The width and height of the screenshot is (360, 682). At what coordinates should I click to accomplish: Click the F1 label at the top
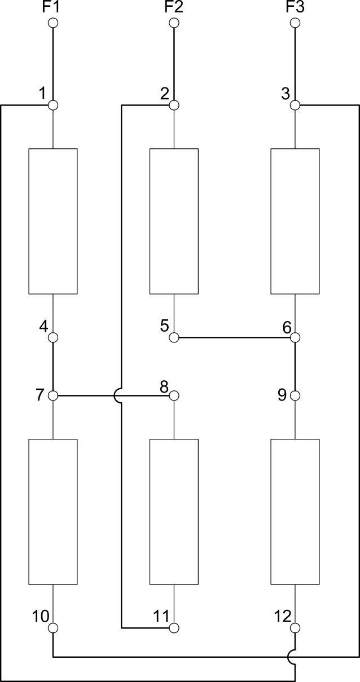[x=51, y=7]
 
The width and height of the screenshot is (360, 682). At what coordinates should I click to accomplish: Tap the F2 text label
[x=174, y=7]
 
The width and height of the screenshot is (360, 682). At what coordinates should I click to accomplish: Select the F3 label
[x=295, y=7]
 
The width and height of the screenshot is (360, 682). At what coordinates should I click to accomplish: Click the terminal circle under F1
[x=53, y=23]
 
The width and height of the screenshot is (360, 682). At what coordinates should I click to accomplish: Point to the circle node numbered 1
[x=53, y=105]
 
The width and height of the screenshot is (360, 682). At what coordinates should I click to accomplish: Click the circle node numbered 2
[x=174, y=105]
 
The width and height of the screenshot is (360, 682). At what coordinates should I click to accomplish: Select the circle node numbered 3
[x=295, y=105]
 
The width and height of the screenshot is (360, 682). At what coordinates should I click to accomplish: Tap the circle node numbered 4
[x=53, y=337]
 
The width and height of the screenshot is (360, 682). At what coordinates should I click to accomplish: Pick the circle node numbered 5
[x=174, y=337]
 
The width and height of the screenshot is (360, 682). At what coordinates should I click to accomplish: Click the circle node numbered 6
[x=295, y=337]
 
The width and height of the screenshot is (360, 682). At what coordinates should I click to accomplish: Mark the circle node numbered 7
[x=53, y=395]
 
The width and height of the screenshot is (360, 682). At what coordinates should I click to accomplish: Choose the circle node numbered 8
[x=174, y=395]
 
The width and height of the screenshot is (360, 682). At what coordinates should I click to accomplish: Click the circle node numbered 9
[x=295, y=395]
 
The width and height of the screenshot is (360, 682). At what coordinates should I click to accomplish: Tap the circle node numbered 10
[x=53, y=628]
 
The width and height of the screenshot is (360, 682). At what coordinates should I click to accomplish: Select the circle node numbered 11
[x=174, y=628]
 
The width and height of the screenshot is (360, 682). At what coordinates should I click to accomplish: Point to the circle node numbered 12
[x=295, y=628]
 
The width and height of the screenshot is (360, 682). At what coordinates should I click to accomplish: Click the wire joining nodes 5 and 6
[x=235, y=337]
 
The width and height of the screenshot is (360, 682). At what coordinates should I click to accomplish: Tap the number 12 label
[x=283, y=617]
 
